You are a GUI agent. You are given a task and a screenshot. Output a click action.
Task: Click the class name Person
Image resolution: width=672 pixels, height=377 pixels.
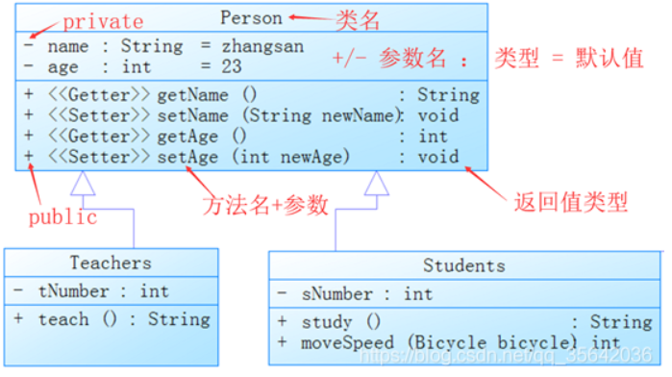(251, 18)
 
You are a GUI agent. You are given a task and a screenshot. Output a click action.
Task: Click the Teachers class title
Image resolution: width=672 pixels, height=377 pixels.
(111, 263)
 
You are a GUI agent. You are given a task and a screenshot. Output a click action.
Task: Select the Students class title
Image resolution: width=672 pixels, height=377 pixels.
(464, 265)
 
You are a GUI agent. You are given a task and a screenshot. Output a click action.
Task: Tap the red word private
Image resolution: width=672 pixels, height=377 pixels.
(103, 22)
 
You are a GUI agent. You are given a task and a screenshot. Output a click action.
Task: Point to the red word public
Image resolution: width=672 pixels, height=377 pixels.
(63, 217)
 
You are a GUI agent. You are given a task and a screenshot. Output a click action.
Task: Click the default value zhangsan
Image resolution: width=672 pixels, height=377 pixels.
(262, 46)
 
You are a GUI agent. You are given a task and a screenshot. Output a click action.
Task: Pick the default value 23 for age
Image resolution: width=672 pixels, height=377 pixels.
(232, 67)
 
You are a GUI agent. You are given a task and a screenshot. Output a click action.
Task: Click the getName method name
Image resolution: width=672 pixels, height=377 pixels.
(193, 95)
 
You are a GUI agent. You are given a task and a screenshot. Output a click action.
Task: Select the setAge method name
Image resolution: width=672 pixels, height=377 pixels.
(187, 157)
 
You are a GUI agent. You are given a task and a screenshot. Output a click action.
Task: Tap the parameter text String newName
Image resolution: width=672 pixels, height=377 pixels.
(321, 115)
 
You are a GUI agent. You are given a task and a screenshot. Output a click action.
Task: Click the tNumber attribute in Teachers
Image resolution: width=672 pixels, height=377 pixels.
(74, 291)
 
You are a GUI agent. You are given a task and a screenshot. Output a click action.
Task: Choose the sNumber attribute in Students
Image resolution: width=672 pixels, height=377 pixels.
(337, 294)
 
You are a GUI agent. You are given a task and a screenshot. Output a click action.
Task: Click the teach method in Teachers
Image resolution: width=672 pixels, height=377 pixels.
(63, 319)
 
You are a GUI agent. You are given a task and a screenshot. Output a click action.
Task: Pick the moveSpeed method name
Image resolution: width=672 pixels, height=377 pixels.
(348, 342)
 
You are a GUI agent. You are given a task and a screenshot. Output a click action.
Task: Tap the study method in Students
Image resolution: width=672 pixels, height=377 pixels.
(327, 322)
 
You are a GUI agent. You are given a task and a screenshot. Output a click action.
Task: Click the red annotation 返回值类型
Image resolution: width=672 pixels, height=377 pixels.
(571, 202)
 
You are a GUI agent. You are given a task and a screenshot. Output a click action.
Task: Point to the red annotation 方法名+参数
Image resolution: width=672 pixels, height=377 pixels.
(265, 205)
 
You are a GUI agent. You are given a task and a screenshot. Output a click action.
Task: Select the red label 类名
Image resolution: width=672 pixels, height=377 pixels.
(358, 20)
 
